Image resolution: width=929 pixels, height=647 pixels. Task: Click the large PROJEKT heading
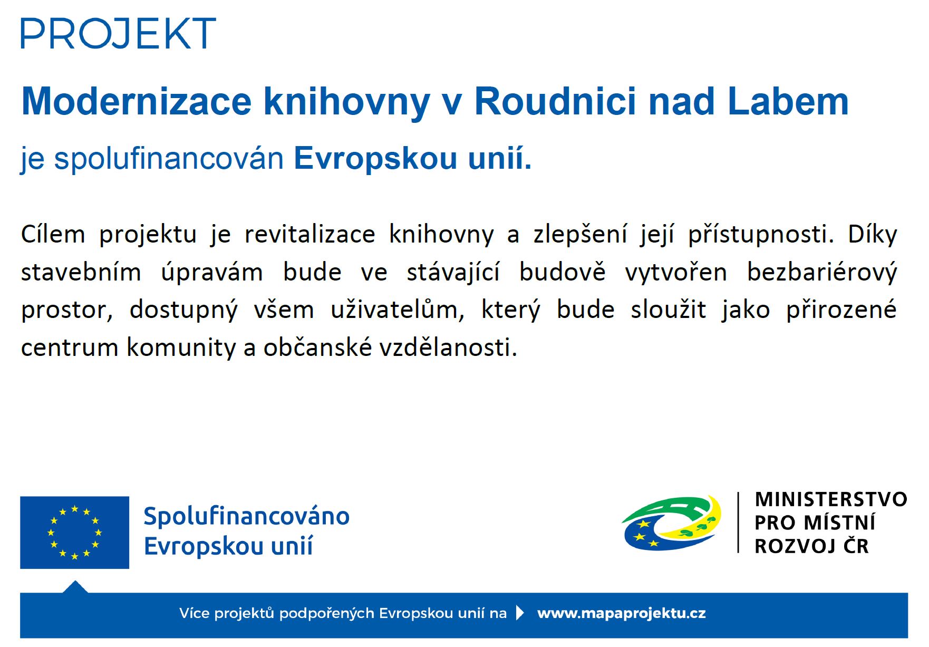119,33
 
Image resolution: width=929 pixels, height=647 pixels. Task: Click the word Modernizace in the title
137,101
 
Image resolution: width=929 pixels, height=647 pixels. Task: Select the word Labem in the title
788,101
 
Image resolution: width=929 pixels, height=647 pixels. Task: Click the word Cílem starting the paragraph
53,234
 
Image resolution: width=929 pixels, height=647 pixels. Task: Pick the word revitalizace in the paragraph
310,234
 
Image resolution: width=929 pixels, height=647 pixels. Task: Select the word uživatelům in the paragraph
398,310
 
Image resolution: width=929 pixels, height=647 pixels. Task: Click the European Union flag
74,533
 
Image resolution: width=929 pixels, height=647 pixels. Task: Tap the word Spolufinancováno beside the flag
247,516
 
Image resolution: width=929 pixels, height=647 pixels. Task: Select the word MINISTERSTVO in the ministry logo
831,499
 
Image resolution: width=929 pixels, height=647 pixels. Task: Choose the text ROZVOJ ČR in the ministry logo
811,546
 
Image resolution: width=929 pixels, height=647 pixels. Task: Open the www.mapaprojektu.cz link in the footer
621,613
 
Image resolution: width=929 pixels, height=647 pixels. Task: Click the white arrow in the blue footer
520,613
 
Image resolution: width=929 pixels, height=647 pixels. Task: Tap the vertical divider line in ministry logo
738,523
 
